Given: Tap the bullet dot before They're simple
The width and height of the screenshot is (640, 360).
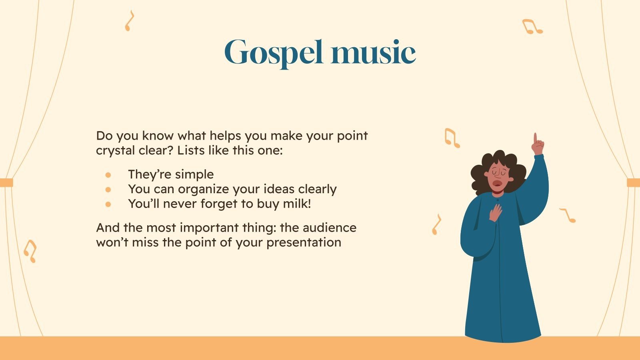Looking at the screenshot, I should pos(108,175).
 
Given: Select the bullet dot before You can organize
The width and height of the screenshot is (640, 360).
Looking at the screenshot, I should pos(108,189).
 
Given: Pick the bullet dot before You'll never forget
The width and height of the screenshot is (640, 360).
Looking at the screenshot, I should pos(108,204).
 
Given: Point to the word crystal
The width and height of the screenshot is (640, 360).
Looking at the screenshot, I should pos(114,151).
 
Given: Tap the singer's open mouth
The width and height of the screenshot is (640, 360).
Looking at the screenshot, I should pos(498,184).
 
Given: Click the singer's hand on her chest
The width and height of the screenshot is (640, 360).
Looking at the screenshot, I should pos(496,212).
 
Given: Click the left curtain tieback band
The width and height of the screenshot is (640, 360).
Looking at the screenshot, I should pos(6,183).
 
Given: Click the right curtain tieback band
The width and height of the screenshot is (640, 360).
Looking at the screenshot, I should pos(633,183).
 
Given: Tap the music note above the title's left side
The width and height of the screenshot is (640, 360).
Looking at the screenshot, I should pos(129,21).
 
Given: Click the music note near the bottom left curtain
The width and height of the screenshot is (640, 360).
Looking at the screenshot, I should pos(30,251).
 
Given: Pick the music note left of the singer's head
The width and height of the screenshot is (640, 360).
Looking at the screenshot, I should pos(452,138).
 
